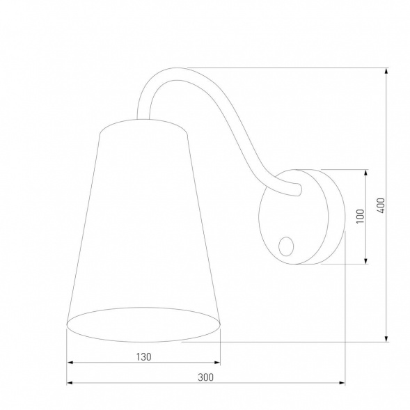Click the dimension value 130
click(143, 356)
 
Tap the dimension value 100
click(360, 216)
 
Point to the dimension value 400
click(381, 205)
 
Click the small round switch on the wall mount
click(285, 244)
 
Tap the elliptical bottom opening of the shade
click(143, 325)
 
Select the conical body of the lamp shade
click(143, 223)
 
